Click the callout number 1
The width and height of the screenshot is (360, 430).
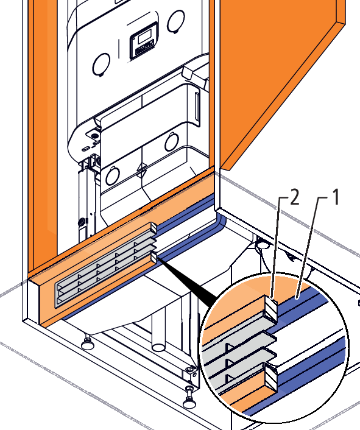coord(335,197)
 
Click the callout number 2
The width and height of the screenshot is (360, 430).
coord(294,197)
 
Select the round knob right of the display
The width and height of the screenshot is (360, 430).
coord(176,21)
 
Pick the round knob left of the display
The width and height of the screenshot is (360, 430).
coord(101,65)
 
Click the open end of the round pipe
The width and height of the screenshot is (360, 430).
coord(158,347)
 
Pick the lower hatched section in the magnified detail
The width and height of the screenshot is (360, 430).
coord(272,376)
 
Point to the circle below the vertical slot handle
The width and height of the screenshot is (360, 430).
coord(172,142)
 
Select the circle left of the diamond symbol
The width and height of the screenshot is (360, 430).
coord(113,175)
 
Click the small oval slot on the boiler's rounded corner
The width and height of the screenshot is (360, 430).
coord(85,149)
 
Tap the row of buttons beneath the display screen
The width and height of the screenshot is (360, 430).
coord(144,49)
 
